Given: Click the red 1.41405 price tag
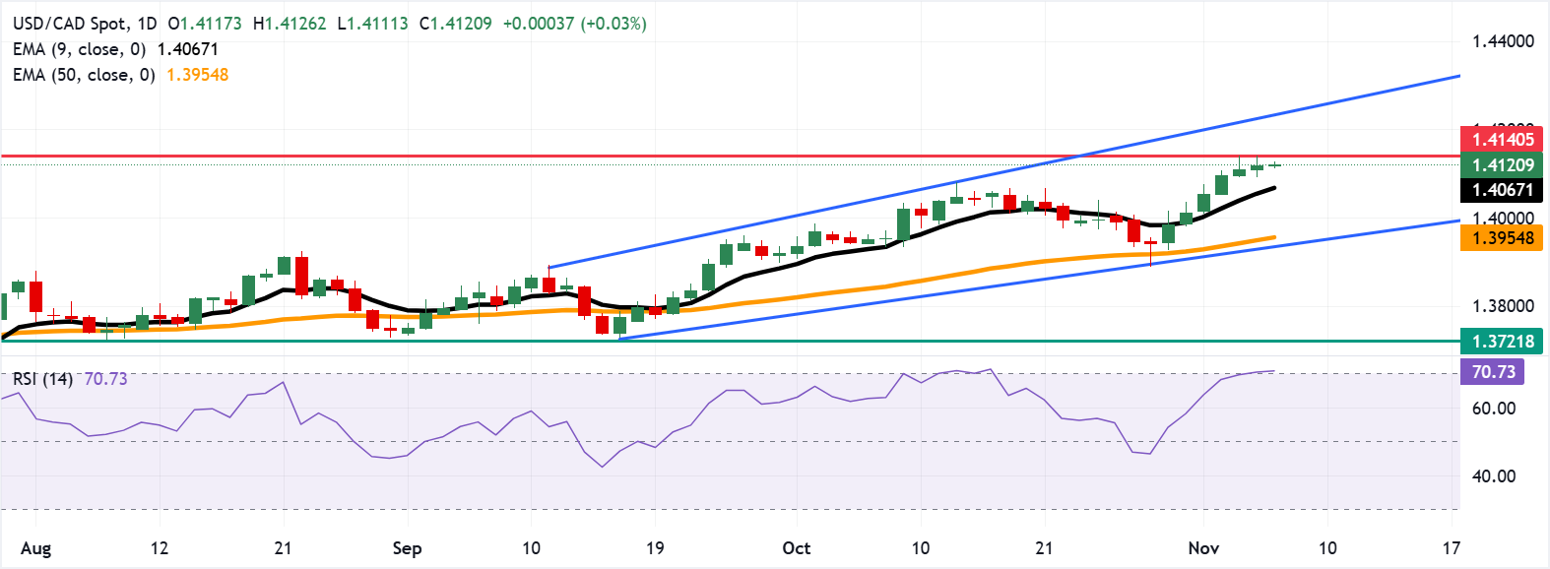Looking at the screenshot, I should click(1502, 140).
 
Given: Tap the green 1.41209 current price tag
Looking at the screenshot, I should click(1502, 165).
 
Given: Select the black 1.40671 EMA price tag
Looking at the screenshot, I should click(1502, 190).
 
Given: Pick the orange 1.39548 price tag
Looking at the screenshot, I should click(1502, 238).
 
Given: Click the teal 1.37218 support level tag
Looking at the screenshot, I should click(1502, 342).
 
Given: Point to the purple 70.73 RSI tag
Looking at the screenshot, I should click(1493, 372).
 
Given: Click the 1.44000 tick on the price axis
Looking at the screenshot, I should click(1503, 41).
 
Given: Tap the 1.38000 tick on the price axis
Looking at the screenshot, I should click(1503, 306).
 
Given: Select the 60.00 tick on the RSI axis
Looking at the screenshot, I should click(1493, 409).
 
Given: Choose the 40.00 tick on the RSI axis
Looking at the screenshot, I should click(1493, 476).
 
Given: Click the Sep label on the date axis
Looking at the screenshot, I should click(407, 548).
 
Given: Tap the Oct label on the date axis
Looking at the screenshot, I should click(796, 548).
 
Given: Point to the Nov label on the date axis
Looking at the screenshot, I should click(1203, 548).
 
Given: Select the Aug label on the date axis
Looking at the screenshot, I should click(35, 548).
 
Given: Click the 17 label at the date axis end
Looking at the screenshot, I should click(1451, 548).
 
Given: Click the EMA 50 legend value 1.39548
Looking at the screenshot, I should click(197, 75).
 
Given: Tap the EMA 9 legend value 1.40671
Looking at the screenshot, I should click(187, 49).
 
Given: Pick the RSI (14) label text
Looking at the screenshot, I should click(42, 379).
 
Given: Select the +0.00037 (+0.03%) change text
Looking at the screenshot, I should click(574, 24).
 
